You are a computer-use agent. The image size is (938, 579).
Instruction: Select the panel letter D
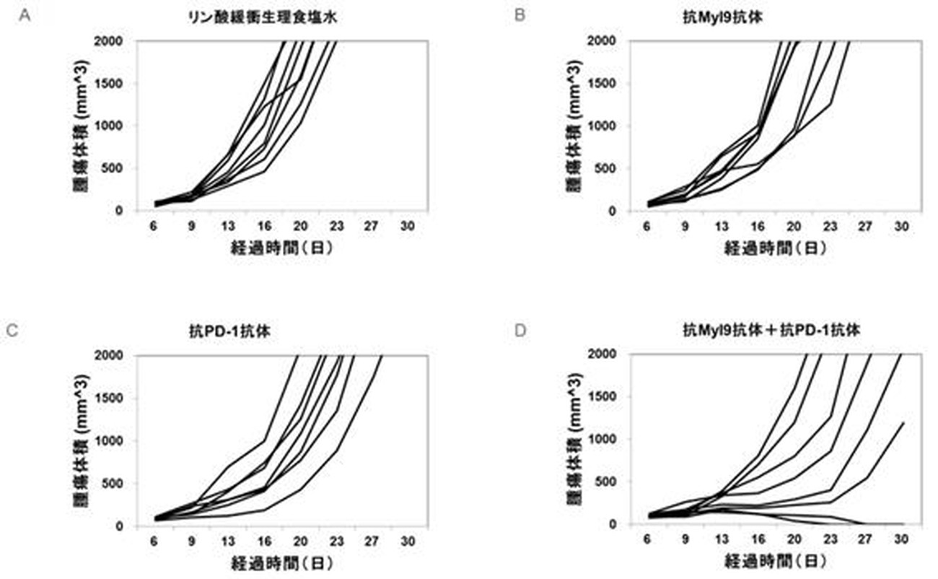tap(519, 331)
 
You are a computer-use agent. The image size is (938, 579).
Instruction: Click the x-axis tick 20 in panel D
tap(794, 539)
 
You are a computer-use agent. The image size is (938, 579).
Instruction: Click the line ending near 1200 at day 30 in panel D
tap(903, 424)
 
